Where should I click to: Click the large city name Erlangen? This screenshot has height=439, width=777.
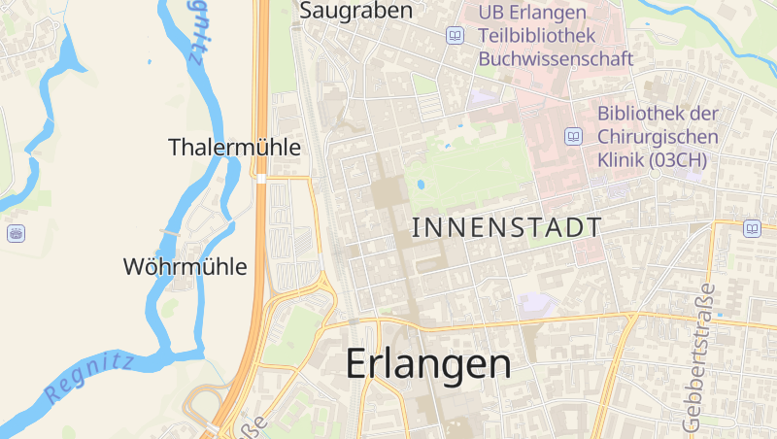(428, 364)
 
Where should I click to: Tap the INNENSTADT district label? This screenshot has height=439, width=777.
(506, 228)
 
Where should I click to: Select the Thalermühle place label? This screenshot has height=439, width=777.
(234, 148)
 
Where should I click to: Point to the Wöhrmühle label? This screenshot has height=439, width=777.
(185, 266)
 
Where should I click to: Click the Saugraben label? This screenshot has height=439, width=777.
(356, 12)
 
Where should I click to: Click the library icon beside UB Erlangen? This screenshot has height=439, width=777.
(455, 36)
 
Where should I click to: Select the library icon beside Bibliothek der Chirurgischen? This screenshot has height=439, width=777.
(574, 136)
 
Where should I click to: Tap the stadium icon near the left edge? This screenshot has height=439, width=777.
(16, 233)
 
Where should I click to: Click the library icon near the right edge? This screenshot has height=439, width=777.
(752, 228)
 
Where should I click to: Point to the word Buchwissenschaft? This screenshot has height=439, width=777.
(556, 59)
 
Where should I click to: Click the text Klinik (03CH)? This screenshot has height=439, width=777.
(651, 159)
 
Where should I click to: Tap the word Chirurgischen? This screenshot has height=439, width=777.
(658, 136)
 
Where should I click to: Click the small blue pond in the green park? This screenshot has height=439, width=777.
(421, 183)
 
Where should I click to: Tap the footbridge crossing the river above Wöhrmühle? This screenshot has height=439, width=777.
(170, 234)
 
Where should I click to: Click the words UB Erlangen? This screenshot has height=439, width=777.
(532, 13)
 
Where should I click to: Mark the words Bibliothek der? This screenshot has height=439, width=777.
(657, 113)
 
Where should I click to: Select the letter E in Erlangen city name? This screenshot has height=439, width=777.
(358, 364)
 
